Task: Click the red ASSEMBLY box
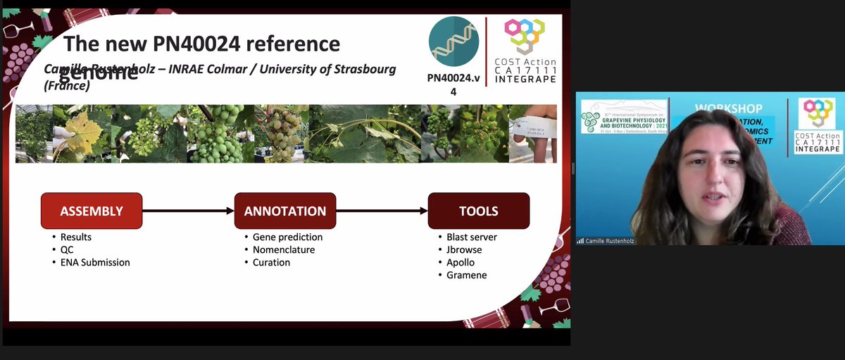92,211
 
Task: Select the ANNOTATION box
285,211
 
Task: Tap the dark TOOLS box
479,211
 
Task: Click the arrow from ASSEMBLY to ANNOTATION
188,211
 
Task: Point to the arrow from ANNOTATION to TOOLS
382,211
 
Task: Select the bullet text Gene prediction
287,237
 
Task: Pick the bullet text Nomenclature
284,249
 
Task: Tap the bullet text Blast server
472,237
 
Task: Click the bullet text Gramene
466,275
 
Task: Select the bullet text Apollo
461,262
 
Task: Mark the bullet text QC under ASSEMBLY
67,249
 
